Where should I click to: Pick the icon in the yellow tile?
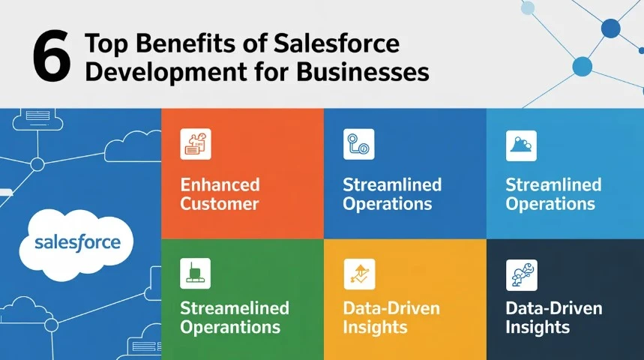358,274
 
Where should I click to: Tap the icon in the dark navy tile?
521,274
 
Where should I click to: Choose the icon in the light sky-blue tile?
521,144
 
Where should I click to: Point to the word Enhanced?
220,184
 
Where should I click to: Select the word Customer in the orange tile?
219,203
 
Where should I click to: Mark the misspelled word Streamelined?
234,308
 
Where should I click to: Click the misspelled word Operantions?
230,327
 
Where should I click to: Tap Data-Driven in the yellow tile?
391,308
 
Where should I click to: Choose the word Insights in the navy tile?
538,327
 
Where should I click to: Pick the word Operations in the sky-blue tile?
550,203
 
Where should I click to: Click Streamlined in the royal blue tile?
392,184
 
